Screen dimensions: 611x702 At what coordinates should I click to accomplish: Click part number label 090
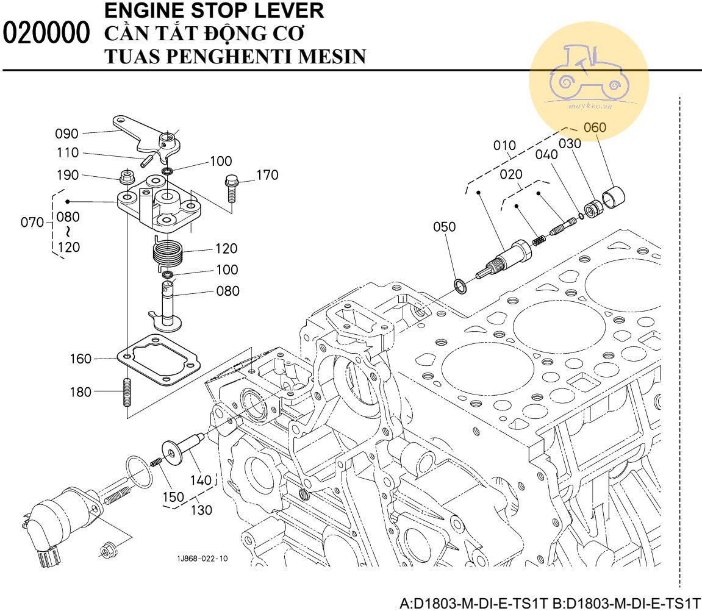click(x=67, y=134)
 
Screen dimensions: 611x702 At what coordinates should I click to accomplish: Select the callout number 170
click(x=267, y=176)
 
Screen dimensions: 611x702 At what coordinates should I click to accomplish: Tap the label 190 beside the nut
click(x=67, y=176)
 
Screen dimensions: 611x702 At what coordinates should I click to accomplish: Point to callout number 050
click(x=444, y=227)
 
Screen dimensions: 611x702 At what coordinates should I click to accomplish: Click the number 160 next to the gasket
click(x=80, y=359)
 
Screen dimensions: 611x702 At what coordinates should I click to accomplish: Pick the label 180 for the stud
click(x=80, y=391)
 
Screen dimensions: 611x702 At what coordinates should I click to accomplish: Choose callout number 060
click(x=595, y=128)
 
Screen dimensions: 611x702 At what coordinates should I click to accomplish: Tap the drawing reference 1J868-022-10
click(x=202, y=559)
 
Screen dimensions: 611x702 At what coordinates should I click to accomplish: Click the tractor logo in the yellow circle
click(x=589, y=76)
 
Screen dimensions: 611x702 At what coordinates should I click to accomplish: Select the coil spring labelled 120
click(x=167, y=251)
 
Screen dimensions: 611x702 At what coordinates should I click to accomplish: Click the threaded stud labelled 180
click(x=128, y=392)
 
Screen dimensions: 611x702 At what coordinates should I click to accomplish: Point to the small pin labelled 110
click(x=147, y=161)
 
